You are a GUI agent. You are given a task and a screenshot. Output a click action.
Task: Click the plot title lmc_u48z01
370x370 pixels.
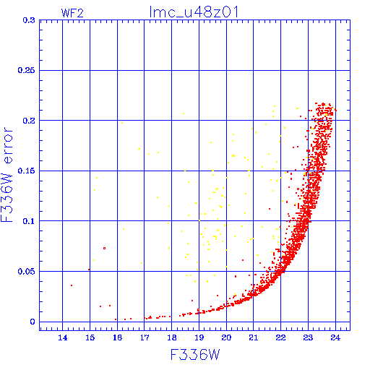tap(194, 12)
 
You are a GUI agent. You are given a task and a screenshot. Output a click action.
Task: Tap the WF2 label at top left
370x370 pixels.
tap(72, 13)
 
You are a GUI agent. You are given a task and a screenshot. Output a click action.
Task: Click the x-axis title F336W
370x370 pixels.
tap(195, 354)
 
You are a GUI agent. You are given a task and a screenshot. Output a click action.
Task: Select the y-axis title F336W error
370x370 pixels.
tap(7, 175)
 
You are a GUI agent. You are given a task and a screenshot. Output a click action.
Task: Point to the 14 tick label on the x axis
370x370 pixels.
tap(63, 337)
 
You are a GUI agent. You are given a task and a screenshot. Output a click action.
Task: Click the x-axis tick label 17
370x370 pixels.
tap(145, 337)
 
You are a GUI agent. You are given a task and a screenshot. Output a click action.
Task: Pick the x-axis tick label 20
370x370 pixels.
tap(226, 337)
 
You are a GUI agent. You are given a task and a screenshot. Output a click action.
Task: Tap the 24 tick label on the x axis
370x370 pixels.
tap(335, 337)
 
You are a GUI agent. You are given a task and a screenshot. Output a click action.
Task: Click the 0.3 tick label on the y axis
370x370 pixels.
tap(29, 20)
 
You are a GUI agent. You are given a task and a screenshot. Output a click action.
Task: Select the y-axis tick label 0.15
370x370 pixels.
tap(27, 171)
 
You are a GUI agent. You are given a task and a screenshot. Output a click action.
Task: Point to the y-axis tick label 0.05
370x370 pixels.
tap(27, 272)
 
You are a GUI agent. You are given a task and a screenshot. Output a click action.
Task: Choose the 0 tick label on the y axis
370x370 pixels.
tap(33, 322)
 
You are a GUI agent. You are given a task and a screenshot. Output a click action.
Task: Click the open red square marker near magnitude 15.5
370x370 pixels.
tap(104, 248)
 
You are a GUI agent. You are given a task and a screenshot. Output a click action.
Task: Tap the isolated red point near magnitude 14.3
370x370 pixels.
tap(72, 285)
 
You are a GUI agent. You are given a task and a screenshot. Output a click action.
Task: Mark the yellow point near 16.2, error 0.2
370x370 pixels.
tap(122, 123)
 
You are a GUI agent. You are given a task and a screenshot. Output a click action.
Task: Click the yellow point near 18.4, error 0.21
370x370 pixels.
tap(184, 113)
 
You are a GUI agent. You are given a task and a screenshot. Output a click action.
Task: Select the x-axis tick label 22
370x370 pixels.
tap(280, 337)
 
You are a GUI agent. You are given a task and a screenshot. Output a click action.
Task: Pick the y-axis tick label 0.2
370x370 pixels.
tap(29, 121)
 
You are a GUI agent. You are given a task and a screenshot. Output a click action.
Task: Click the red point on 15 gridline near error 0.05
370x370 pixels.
tap(89, 270)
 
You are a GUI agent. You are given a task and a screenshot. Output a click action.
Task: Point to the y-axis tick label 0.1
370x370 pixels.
tap(29, 221)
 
